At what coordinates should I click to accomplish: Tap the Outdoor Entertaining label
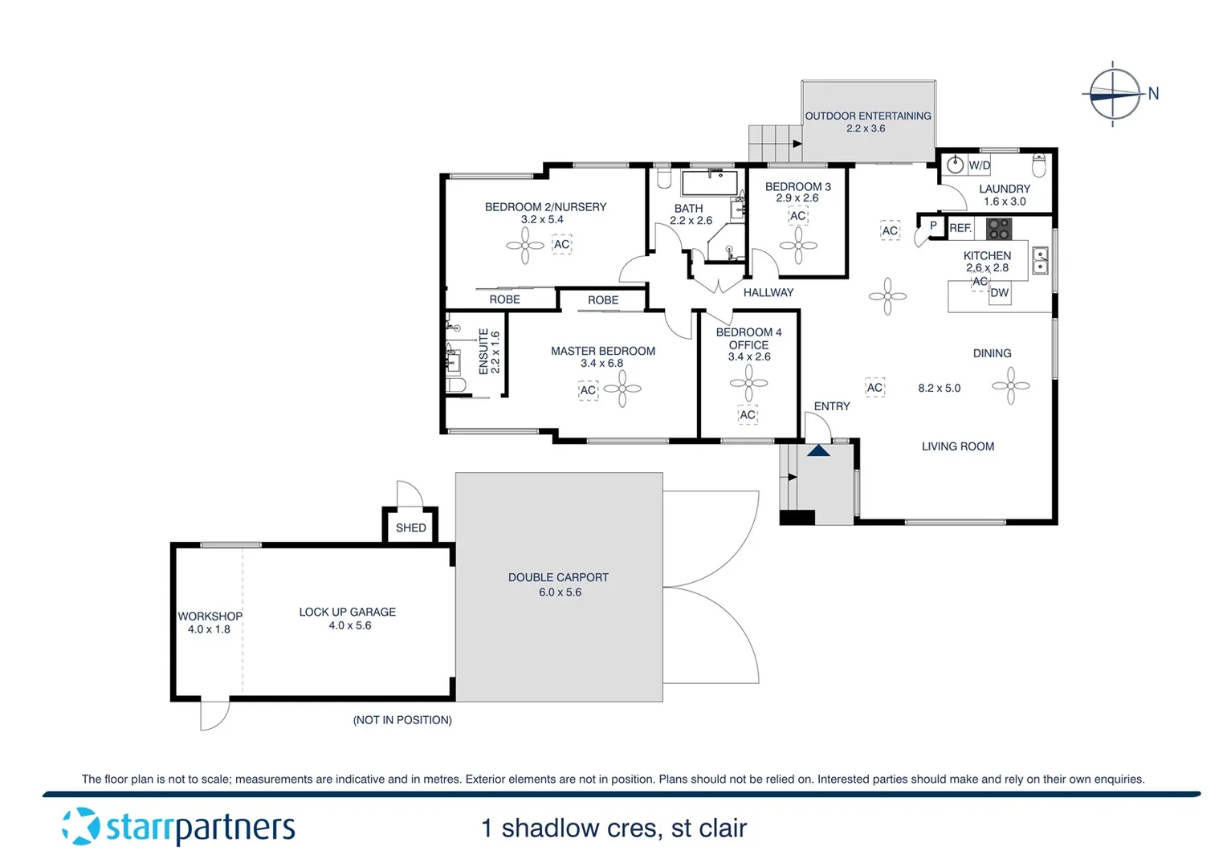pos(867,116)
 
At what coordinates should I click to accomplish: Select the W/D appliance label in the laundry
pos(979,165)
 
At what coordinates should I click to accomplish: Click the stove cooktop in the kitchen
pos(999,229)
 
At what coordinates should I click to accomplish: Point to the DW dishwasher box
pos(999,293)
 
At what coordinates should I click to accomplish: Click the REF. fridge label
pos(960,228)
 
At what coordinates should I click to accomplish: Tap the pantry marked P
pos(932,226)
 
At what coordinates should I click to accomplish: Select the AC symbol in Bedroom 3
pos(797,216)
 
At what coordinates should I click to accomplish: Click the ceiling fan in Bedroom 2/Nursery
pos(525,246)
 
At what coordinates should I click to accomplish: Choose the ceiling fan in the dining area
pos(1011,386)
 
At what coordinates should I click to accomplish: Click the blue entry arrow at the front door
pos(818,450)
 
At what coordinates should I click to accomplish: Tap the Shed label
pos(410,527)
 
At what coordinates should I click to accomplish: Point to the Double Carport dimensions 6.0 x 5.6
pos(560,592)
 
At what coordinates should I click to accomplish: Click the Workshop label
pos(210,616)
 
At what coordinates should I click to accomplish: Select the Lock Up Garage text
pos(347,612)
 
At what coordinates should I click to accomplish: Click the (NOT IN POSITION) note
pos(402,720)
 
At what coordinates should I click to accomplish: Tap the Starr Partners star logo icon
pos(80,826)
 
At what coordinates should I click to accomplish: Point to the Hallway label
pos(768,292)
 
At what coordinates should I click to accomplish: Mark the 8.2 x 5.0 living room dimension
pos(939,388)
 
